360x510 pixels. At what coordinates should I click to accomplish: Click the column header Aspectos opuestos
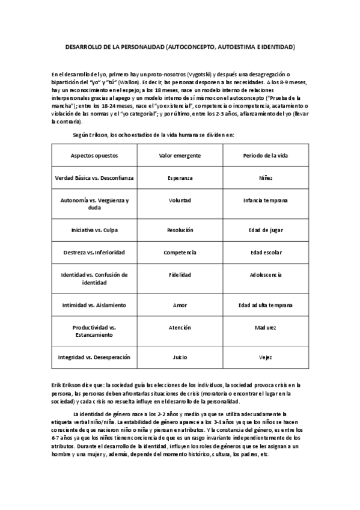click(x=94, y=156)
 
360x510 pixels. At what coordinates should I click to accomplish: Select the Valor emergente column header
click(x=180, y=156)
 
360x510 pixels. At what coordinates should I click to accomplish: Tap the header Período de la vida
click(x=266, y=156)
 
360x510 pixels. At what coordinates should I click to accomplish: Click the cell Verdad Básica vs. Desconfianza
click(x=94, y=178)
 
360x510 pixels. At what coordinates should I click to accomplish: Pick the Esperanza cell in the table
click(x=180, y=178)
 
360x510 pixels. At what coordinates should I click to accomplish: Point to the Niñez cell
click(x=266, y=178)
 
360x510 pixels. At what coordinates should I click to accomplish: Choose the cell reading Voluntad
click(x=180, y=200)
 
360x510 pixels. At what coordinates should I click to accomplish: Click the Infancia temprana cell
click(x=266, y=200)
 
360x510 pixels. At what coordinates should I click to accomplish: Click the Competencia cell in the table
click(x=180, y=253)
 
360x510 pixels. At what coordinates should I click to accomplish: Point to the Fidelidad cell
click(x=180, y=275)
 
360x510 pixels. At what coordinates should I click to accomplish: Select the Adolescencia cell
click(x=266, y=275)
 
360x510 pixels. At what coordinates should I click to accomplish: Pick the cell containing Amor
click(x=180, y=305)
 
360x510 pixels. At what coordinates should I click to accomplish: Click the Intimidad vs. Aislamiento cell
click(x=94, y=305)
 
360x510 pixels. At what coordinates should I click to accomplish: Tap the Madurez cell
click(x=266, y=328)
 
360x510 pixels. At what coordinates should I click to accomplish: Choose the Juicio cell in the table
click(x=180, y=357)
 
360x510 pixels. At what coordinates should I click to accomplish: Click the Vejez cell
click(x=266, y=357)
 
